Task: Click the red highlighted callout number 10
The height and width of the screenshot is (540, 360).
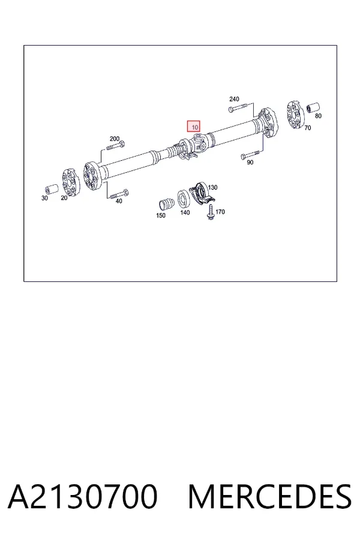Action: [x=194, y=127]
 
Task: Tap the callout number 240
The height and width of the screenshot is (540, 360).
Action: [x=234, y=99]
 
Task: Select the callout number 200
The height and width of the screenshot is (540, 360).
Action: [x=115, y=139]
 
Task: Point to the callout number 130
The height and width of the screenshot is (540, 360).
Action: [x=213, y=187]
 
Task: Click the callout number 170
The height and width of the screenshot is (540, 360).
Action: [x=220, y=212]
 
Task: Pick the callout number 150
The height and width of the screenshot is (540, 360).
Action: [x=161, y=215]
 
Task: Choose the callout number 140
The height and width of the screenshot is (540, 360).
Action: [x=185, y=212]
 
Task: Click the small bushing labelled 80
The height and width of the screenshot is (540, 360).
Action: [x=313, y=107]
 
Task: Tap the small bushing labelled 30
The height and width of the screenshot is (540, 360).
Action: [x=52, y=190]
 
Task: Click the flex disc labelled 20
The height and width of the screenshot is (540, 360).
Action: [x=71, y=183]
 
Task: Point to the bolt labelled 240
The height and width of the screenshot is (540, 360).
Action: [x=238, y=109]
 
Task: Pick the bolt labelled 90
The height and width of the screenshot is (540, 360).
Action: [x=250, y=154]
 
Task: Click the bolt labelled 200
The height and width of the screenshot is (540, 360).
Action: [x=116, y=146]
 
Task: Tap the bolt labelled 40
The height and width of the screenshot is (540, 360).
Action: [x=119, y=194]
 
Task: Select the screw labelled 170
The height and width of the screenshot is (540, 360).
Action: [x=210, y=212]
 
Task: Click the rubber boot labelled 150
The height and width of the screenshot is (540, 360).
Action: [x=167, y=204]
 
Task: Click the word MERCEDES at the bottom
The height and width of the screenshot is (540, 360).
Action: [x=270, y=496]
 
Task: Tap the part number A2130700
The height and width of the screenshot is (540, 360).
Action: [x=83, y=496]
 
